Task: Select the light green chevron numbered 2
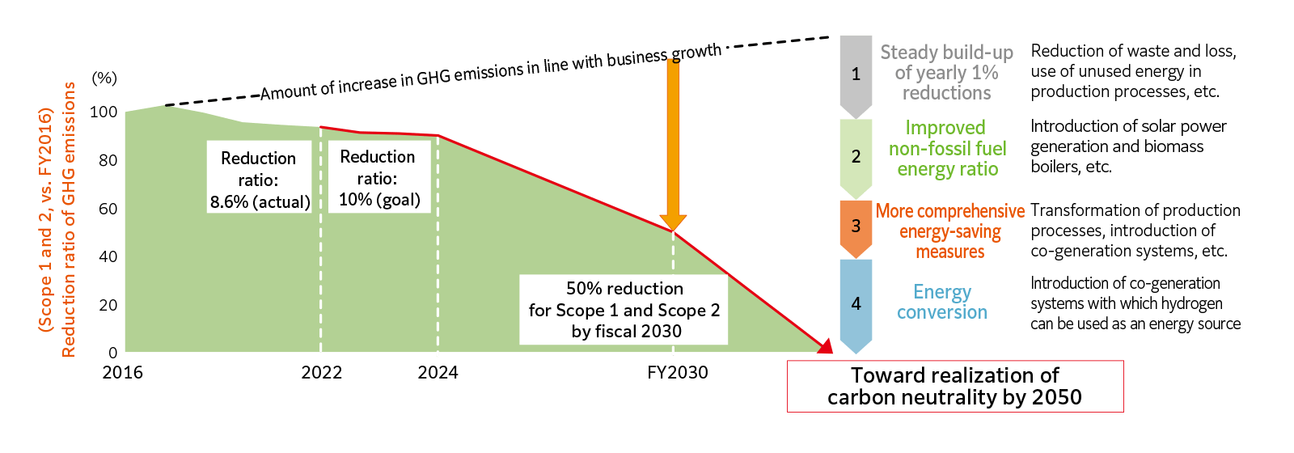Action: (x=856, y=156)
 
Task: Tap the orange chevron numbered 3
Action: (x=856, y=226)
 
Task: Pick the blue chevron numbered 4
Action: (x=856, y=303)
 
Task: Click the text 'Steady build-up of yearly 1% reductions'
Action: (x=946, y=73)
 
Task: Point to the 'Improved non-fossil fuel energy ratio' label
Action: (x=947, y=149)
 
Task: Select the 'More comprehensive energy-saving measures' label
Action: (x=950, y=231)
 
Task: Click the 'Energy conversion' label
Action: (x=942, y=302)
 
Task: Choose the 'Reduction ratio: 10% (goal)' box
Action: (x=378, y=178)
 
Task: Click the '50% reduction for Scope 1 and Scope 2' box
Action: (x=624, y=310)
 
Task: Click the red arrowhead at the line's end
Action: (x=825, y=347)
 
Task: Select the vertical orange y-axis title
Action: (x=57, y=219)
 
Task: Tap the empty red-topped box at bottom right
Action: (x=955, y=387)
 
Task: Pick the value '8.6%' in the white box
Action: (x=229, y=202)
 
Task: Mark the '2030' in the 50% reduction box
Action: (x=661, y=332)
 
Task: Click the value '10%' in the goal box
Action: (x=353, y=200)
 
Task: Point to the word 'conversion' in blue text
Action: (x=942, y=312)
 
